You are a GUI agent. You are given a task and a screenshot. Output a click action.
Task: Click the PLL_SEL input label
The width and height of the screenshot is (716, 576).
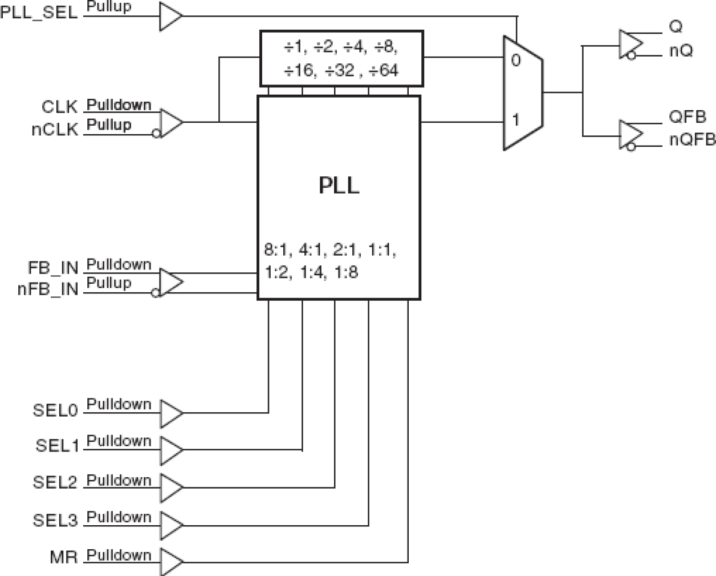click(39, 13)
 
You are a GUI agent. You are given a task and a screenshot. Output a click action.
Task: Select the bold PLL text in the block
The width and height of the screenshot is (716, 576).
click(339, 186)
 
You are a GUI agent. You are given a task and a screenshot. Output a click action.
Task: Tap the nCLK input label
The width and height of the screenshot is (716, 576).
click(55, 130)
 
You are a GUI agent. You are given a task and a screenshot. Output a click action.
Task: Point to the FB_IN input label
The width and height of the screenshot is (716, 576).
click(53, 268)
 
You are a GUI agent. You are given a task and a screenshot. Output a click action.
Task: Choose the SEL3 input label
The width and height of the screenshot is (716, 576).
click(55, 521)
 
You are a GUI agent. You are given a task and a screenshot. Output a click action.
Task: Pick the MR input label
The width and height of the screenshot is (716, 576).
click(63, 557)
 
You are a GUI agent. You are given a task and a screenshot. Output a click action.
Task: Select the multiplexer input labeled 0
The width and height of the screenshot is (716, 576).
click(516, 60)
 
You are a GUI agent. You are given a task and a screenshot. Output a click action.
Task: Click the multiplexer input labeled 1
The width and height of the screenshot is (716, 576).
click(516, 120)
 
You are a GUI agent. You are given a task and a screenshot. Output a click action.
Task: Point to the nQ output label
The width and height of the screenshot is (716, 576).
click(681, 51)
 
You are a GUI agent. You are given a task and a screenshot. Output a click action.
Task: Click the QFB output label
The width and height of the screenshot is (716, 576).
click(687, 117)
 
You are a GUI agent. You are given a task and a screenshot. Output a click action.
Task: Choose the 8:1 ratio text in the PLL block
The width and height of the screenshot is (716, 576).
click(277, 250)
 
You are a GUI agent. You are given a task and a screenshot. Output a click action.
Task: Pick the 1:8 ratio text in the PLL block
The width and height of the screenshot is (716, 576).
click(347, 272)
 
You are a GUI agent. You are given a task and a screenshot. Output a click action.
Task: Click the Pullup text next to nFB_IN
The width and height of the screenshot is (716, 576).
click(109, 283)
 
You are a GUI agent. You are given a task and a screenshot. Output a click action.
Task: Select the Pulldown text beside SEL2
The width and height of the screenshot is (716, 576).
click(119, 481)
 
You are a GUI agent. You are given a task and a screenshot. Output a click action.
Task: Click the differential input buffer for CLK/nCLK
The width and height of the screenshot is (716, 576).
click(170, 122)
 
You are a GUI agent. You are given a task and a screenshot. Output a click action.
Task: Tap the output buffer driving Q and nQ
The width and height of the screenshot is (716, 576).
click(630, 45)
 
